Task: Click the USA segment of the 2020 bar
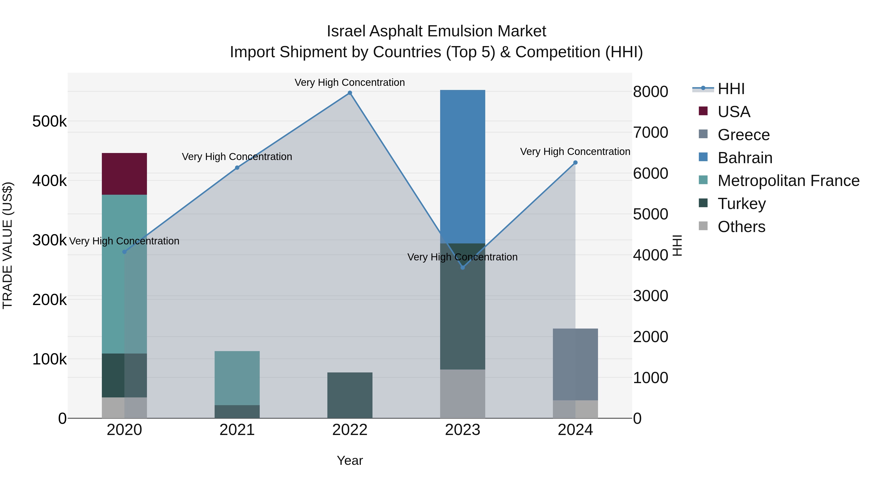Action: [124, 174]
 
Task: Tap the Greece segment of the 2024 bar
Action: [575, 364]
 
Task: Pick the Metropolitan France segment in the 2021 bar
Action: [237, 378]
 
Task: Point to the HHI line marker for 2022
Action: [350, 93]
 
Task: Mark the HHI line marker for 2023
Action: [463, 267]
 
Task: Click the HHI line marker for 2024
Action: [575, 163]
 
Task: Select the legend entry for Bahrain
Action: [745, 158]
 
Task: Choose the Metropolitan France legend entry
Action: [788, 181]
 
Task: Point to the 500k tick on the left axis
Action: [49, 121]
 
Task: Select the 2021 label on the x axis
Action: [237, 430]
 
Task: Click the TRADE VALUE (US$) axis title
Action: [8, 245]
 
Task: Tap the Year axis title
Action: [350, 460]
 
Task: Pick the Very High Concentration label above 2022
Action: [349, 82]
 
